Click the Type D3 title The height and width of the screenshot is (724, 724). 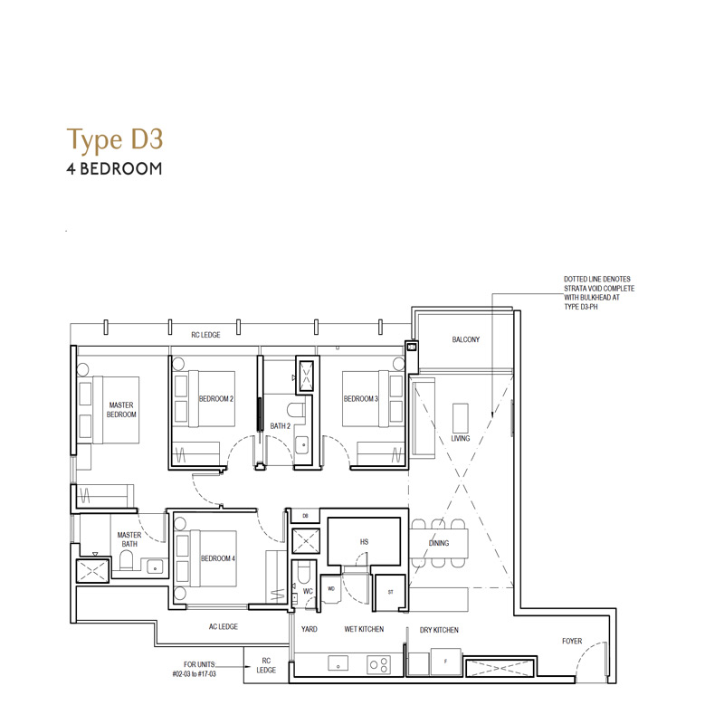[115, 140]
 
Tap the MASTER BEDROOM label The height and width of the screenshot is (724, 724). [121, 410]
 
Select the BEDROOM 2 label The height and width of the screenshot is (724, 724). [216, 398]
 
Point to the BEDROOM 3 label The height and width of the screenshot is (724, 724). [361, 398]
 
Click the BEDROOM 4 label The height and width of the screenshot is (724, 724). [218, 558]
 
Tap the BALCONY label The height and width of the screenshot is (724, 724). [466, 339]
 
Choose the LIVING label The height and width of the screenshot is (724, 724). [461, 438]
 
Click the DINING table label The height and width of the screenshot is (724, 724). [439, 543]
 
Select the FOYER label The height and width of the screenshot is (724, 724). [572, 641]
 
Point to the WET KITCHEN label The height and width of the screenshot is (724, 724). [364, 629]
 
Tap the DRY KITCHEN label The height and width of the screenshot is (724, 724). [439, 630]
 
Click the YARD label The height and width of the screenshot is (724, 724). [310, 629]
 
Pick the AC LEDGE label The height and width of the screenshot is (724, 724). [224, 626]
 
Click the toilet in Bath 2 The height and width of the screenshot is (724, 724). [296, 411]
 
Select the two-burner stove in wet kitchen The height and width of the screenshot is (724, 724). [379, 664]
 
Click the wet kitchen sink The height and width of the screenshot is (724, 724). [338, 663]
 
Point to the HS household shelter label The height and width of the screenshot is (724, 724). [364, 541]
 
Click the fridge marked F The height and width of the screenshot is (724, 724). [446, 662]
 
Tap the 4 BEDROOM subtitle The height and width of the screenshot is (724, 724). [115, 168]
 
